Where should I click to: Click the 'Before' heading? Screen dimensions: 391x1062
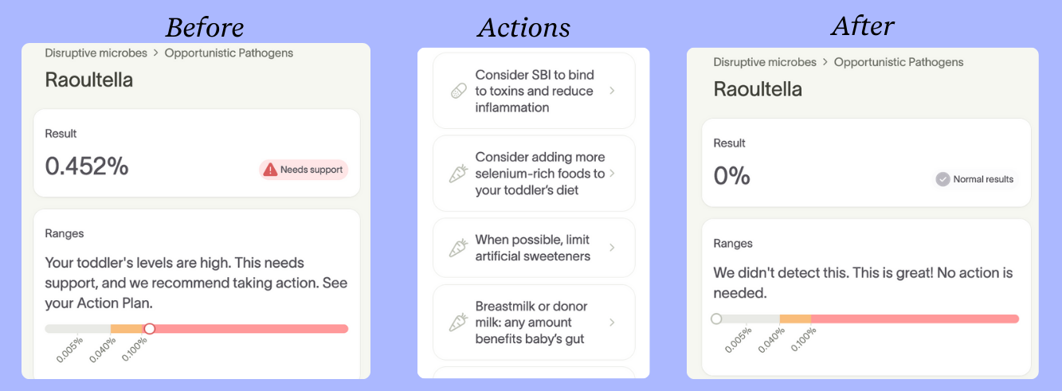[204, 27]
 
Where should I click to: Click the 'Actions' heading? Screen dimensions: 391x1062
[523, 28]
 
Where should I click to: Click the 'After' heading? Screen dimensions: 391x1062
[863, 26]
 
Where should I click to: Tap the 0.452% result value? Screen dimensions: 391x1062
[87, 166]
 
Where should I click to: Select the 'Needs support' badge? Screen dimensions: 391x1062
[304, 170]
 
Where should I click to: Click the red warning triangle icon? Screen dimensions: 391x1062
[271, 170]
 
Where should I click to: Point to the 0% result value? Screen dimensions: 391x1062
[731, 176]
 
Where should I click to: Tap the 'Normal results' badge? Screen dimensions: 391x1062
[976, 179]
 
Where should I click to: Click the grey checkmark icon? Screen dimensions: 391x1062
[943, 179]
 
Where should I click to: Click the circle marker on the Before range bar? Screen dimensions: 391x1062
[149, 328]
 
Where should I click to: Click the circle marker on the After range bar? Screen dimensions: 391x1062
[716, 319]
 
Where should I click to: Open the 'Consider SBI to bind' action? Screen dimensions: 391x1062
[534, 91]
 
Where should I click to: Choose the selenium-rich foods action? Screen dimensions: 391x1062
[534, 174]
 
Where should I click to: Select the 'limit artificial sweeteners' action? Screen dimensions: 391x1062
[534, 248]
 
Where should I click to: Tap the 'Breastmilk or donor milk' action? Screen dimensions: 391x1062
[534, 323]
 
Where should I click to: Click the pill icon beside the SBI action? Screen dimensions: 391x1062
[458, 92]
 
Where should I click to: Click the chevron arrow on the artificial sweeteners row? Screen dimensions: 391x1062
[612, 248]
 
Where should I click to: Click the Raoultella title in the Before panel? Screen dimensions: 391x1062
[89, 80]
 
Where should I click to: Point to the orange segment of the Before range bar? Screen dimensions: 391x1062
[127, 328]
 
